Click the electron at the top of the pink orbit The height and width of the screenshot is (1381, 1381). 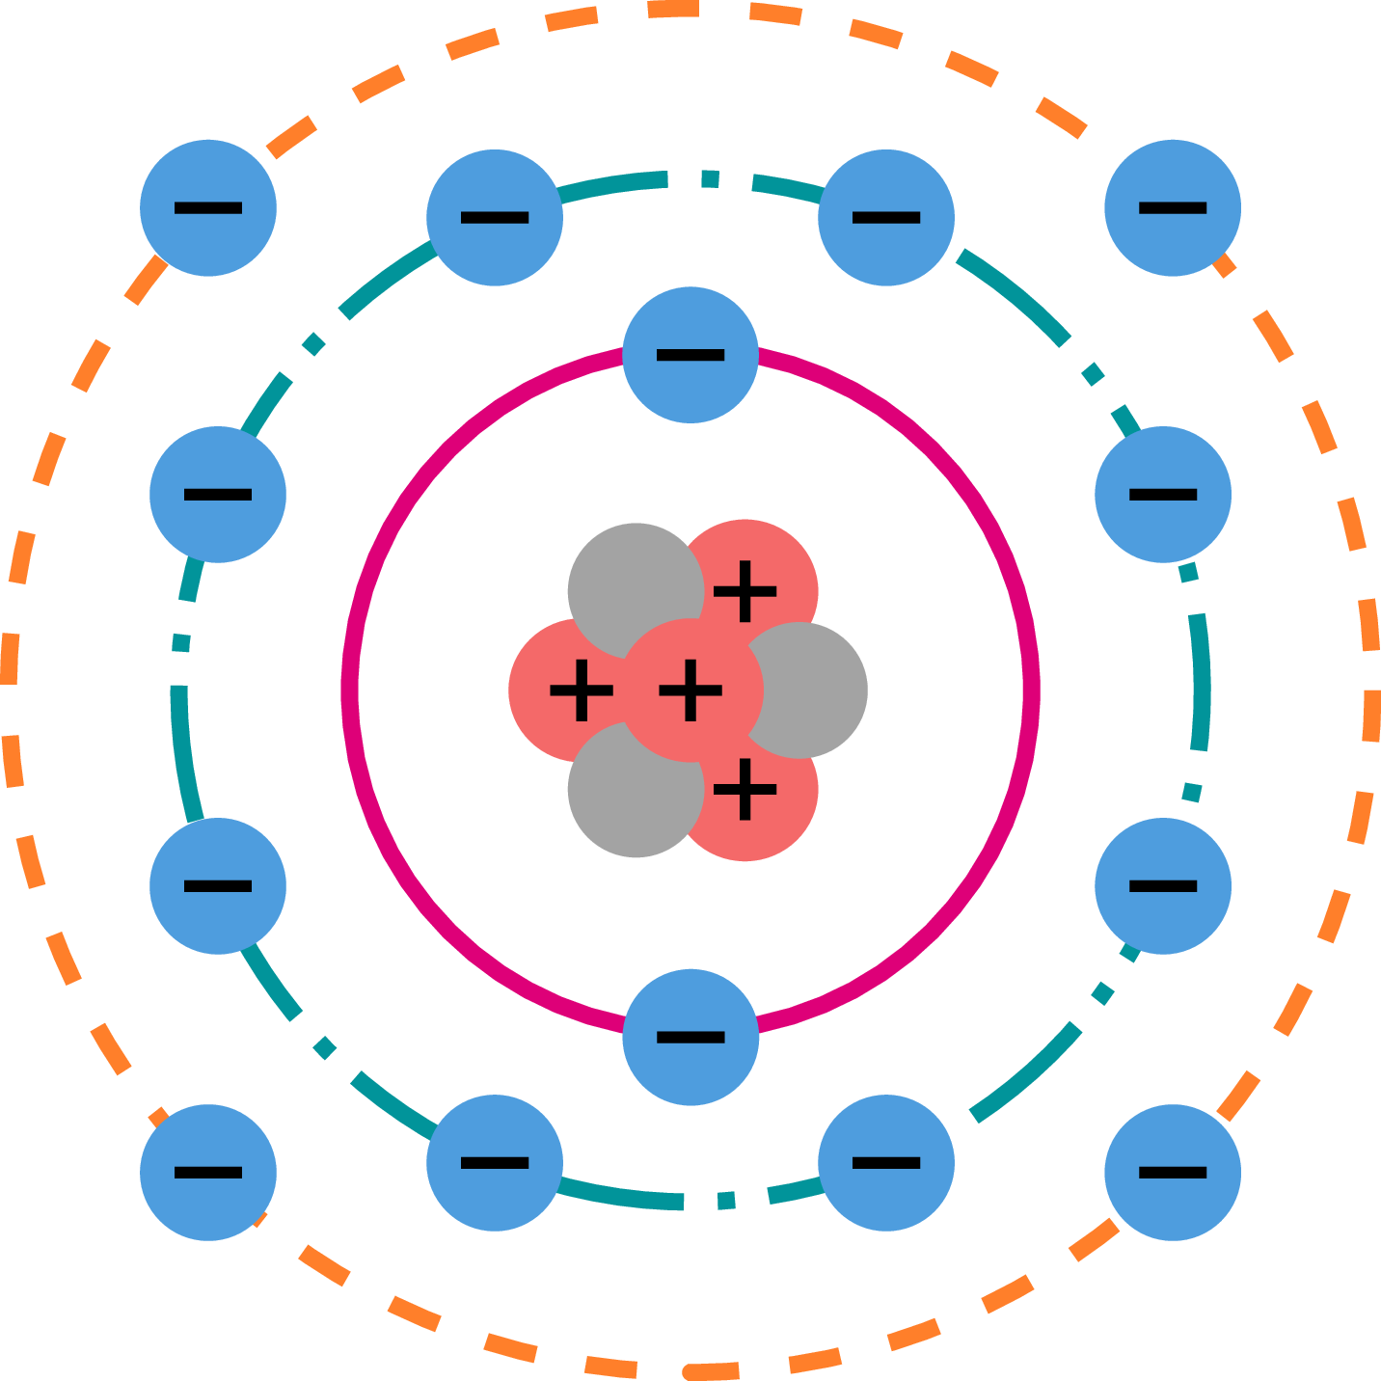[x=690, y=355]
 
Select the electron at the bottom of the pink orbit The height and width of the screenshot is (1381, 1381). [x=690, y=1037]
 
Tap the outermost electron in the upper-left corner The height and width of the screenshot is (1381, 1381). [x=208, y=207]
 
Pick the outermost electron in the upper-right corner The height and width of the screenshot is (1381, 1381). [x=1173, y=207]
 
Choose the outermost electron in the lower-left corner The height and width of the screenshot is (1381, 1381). [x=208, y=1172]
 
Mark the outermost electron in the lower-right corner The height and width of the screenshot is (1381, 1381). [x=1173, y=1172]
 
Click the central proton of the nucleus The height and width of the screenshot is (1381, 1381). [x=690, y=690]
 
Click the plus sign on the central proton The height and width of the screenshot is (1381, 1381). [x=690, y=690]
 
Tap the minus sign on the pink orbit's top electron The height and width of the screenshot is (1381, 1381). [x=690, y=355]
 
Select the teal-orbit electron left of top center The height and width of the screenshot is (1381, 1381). [x=495, y=217]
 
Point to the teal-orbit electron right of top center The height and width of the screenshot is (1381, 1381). [x=886, y=217]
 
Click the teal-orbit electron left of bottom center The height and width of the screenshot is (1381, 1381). [x=495, y=1162]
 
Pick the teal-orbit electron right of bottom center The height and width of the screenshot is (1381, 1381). [x=886, y=1162]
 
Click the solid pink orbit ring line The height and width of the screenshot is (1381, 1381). [x=349, y=690]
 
